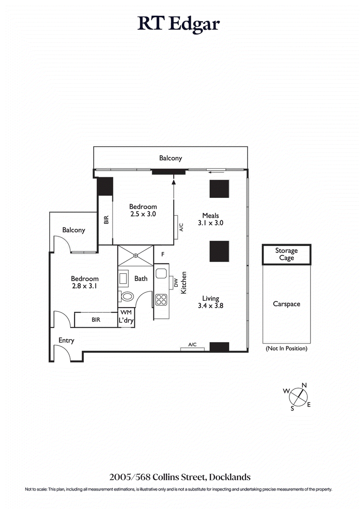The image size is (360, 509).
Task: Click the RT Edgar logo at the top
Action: (179, 24)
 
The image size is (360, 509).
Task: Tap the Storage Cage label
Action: (286, 254)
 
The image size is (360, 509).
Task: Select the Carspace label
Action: (286, 304)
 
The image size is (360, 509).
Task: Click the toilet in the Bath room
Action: (127, 297)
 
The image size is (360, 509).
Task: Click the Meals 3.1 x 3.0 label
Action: (210, 219)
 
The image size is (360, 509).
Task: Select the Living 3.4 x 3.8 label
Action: (210, 302)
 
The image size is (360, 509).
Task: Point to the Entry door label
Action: (66, 340)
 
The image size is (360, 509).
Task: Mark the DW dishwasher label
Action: (176, 283)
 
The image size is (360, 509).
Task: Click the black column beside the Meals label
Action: (219, 189)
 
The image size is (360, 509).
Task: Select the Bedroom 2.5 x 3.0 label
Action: (143, 210)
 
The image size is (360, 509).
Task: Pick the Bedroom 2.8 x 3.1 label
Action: (84, 282)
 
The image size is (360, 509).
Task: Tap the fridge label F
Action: (162, 254)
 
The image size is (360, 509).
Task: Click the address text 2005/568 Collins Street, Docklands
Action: (180, 477)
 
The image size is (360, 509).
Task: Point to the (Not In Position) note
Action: (286, 348)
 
